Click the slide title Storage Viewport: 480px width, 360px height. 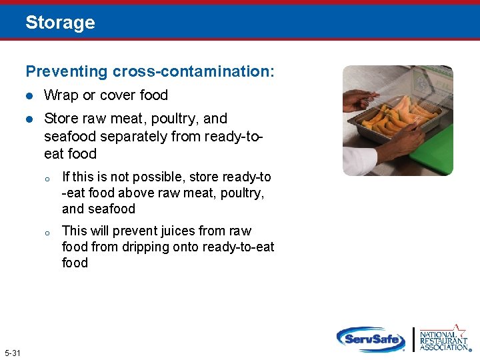60,23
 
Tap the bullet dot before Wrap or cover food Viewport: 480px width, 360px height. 29,96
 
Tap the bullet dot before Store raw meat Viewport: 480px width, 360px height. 29,119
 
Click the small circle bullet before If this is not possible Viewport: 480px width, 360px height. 47,179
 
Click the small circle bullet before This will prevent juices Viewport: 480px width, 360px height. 47,233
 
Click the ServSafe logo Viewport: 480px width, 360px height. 371,339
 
